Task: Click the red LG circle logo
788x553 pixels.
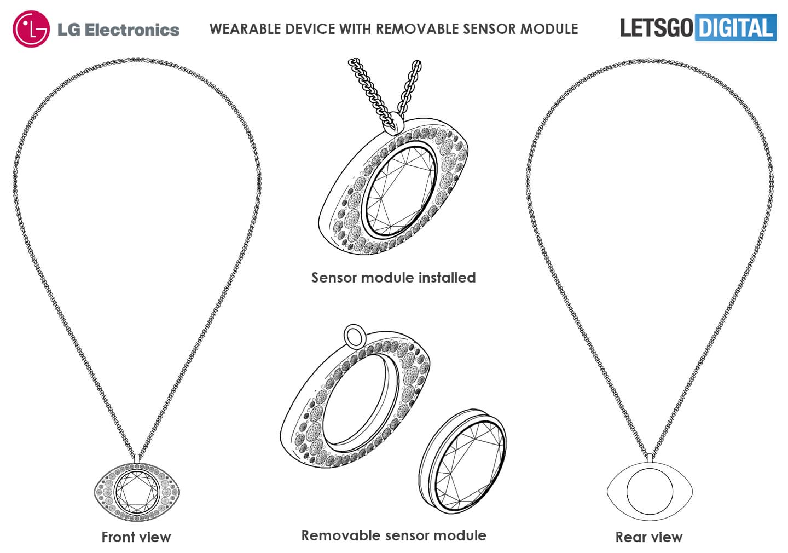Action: tap(31, 29)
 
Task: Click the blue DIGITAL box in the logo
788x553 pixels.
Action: tap(735, 27)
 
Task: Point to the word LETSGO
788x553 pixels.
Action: tap(656, 27)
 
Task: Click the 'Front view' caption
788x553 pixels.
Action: tap(136, 537)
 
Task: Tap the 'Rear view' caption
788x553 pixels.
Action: tap(648, 537)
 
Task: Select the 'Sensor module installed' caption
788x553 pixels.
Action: tap(393, 278)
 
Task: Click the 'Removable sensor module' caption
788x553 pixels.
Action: tap(393, 535)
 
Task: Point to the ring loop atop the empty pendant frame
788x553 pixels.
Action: tap(353, 335)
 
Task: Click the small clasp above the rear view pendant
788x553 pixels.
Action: tap(649, 457)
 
